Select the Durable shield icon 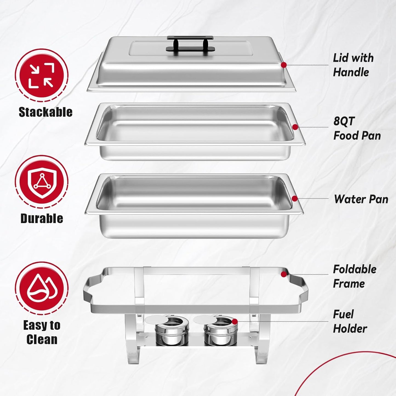coord(41,182)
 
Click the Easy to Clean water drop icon coord(41,288)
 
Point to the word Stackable coord(45,112)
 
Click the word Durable coord(42,218)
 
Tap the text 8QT coord(344,121)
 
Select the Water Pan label coord(361,199)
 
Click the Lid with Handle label coord(353,65)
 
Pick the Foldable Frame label coord(354,276)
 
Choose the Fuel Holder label coord(350,321)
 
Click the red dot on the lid coord(284,65)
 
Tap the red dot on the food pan coord(295,127)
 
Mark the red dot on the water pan coord(295,199)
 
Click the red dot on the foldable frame coord(284,274)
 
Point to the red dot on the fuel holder coord(235,321)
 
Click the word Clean coord(42,339)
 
